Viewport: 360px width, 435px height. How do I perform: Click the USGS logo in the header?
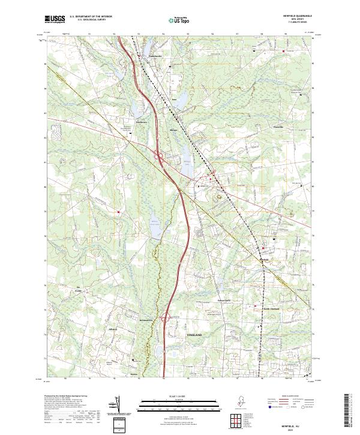click(55, 19)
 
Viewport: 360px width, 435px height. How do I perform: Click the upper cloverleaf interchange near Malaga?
click(161, 158)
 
